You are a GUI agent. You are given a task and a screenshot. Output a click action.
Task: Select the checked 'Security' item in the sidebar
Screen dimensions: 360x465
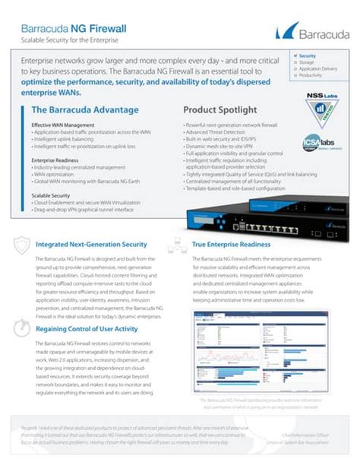(x=307, y=55)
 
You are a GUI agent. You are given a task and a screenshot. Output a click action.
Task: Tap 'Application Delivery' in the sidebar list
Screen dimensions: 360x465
(x=318, y=69)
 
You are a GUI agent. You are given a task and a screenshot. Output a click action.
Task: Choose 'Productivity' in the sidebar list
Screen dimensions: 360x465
(x=311, y=76)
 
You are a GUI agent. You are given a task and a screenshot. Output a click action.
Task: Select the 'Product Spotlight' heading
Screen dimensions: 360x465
(x=219, y=110)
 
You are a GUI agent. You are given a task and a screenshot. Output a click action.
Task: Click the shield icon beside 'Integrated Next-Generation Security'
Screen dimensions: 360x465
(x=22, y=245)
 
